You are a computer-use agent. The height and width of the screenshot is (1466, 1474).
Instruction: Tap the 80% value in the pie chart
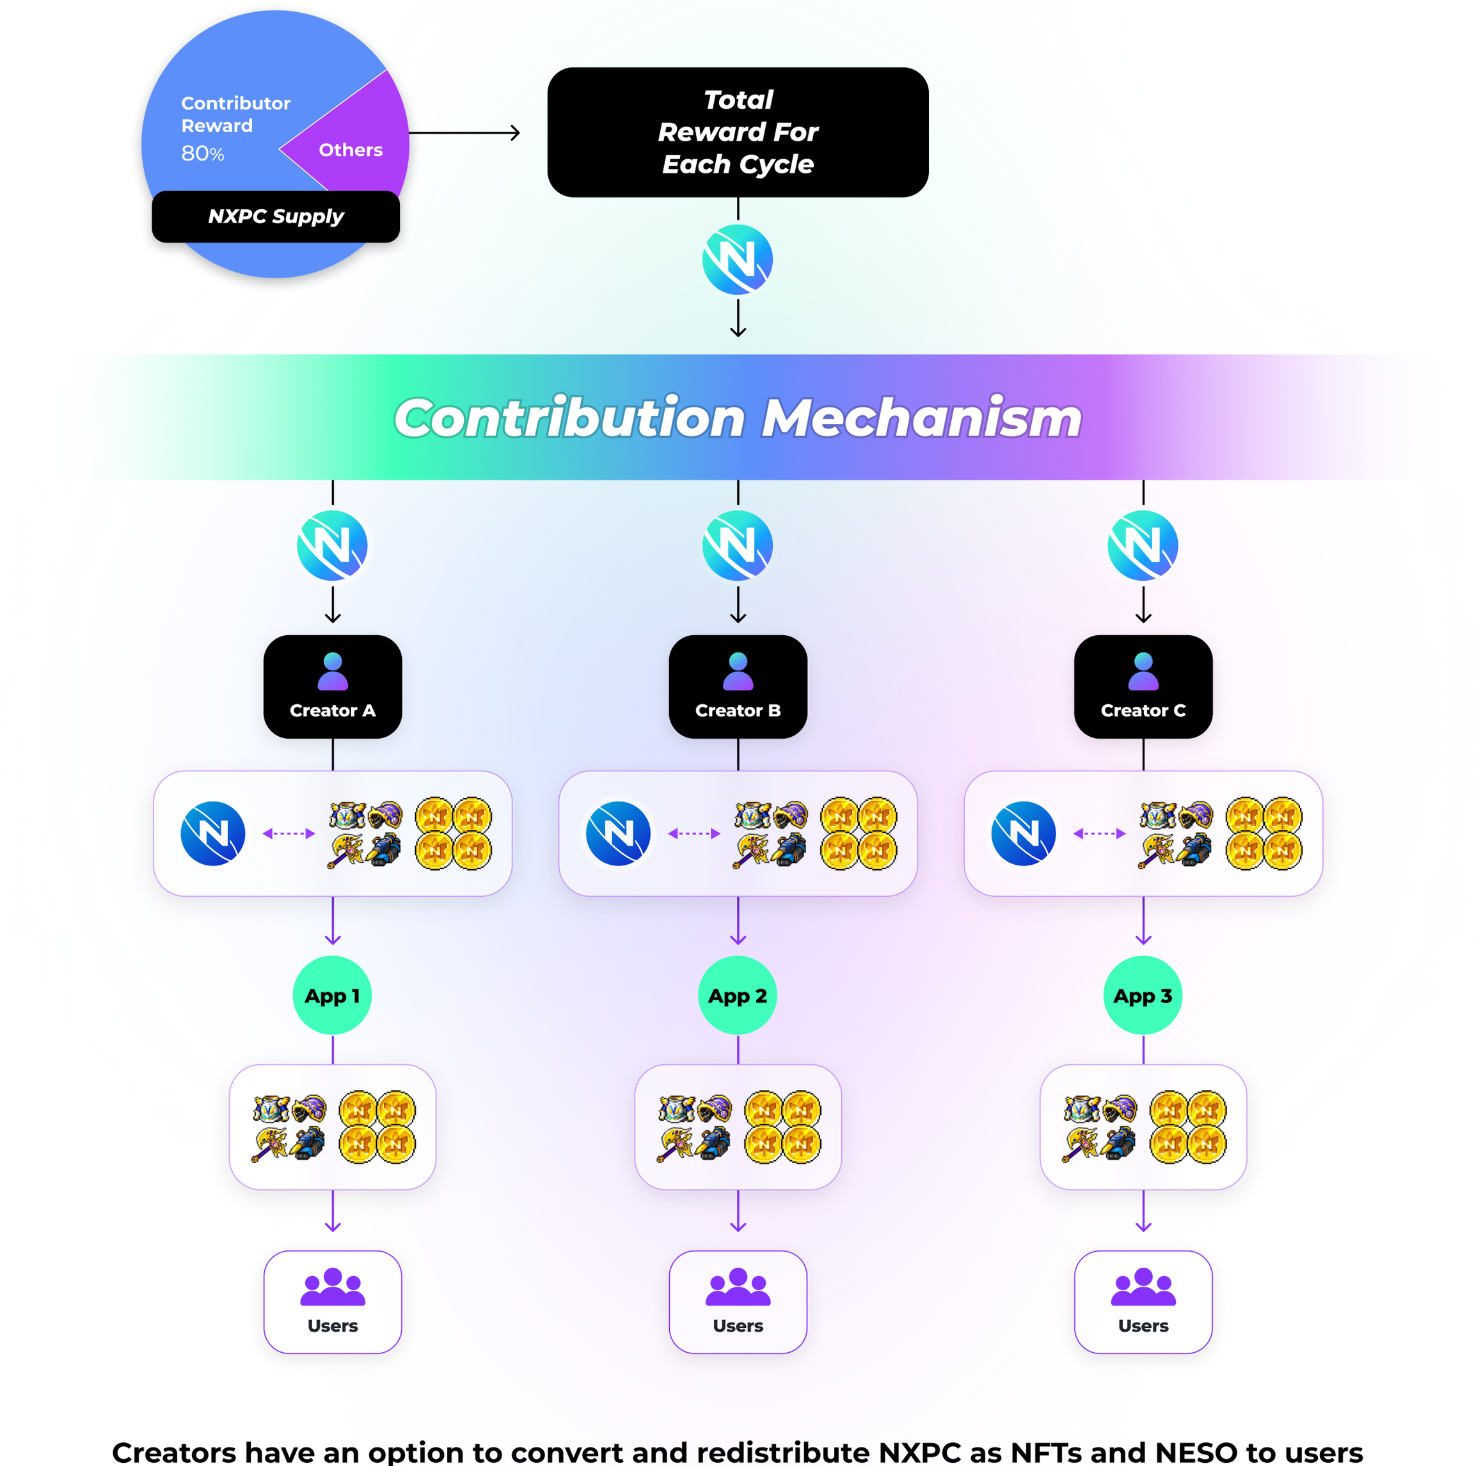pyautogui.click(x=203, y=154)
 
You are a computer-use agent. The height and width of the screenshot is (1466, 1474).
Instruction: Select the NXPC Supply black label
pyautogui.click(x=276, y=217)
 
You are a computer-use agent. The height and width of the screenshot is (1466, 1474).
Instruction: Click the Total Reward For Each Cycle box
pyautogui.click(x=738, y=132)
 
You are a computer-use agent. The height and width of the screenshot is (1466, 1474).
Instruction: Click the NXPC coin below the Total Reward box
pyautogui.click(x=738, y=259)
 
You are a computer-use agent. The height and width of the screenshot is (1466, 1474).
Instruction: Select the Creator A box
pyautogui.click(x=333, y=686)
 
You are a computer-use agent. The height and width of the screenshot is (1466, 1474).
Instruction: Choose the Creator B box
pyautogui.click(x=738, y=686)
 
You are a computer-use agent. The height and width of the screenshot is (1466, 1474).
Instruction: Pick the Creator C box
pyautogui.click(x=1143, y=686)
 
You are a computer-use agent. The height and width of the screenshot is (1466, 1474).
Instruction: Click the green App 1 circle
pyautogui.click(x=333, y=995)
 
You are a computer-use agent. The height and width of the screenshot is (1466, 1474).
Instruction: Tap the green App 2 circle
pyautogui.click(x=738, y=995)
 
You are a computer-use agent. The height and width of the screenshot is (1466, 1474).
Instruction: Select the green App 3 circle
pyautogui.click(x=1143, y=995)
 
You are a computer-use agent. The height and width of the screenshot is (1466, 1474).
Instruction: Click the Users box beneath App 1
pyautogui.click(x=333, y=1302)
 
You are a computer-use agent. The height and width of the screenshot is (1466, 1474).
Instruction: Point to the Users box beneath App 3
pyautogui.click(x=1143, y=1302)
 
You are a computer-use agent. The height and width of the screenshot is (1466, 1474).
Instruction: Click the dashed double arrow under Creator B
pyautogui.click(x=693, y=833)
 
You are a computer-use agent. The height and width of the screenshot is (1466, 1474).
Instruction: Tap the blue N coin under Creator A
pyautogui.click(x=213, y=833)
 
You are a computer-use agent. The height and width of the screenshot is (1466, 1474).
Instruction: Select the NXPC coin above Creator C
pyautogui.click(x=1143, y=546)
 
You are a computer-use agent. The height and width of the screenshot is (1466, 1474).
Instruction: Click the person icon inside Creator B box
pyautogui.click(x=738, y=671)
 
